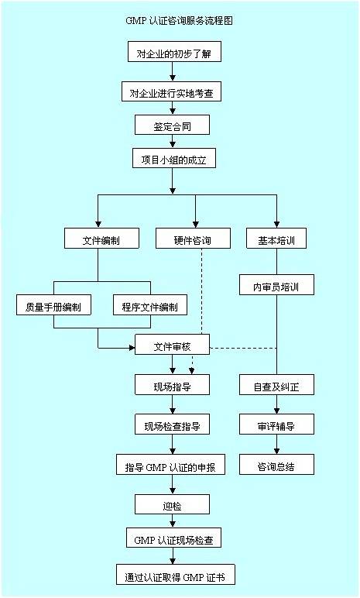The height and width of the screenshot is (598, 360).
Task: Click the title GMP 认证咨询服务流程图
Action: pos(179,21)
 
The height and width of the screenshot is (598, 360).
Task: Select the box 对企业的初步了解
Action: pos(174,51)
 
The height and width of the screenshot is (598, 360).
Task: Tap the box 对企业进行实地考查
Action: pos(171,91)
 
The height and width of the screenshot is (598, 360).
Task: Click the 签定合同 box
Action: pos(172,125)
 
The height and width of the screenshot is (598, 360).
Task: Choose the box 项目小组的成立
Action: pos(174,158)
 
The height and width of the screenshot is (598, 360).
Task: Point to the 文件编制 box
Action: pos(101,239)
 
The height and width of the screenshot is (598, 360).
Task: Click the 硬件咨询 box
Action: pos(193,239)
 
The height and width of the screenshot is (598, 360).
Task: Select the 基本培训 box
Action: pos(276,239)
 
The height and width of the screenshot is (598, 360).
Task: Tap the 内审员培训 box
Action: pos(276,285)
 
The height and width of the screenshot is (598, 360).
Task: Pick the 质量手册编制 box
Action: pos(53,304)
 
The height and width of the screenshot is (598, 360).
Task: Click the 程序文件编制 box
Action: pos(150,304)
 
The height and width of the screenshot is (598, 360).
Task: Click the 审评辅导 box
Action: pos(276,424)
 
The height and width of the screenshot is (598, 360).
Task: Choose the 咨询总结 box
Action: pos(276,465)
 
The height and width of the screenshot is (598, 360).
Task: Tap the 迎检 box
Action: pos(173,504)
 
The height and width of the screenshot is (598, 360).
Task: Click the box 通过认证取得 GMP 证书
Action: pos(176,575)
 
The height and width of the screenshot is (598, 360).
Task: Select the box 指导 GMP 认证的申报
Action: pos(170,465)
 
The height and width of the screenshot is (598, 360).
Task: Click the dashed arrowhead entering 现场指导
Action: pos(192,370)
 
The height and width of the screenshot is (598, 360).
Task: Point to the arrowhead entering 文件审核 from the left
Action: pos(132,348)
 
